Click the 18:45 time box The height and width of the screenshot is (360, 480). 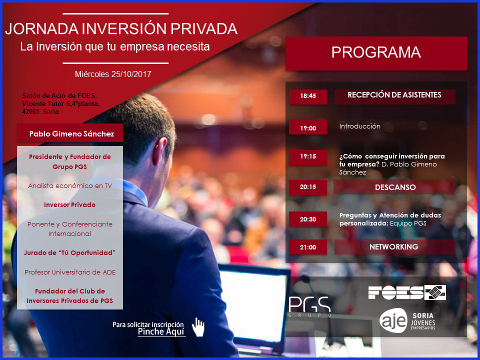tap(308, 96)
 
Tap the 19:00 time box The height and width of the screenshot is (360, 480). tap(308, 127)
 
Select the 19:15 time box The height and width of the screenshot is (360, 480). tap(308, 157)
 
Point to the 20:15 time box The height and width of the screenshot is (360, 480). tap(308, 187)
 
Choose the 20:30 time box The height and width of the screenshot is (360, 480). tap(308, 219)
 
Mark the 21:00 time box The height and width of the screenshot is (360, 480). tap(308, 247)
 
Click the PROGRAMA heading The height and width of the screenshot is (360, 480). tap(376, 52)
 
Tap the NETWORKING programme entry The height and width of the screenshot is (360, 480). tap(394, 246)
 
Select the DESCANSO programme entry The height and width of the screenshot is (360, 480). tap(394, 187)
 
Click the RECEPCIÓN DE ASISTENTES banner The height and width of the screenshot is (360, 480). tap(394, 96)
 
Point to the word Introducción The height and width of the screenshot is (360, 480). tap(359, 126)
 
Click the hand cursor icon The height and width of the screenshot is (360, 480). tap(198, 327)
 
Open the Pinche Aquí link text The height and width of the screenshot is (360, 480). tap(161, 331)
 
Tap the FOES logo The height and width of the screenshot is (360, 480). tap(407, 292)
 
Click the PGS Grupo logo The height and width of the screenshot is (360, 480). tap(309, 306)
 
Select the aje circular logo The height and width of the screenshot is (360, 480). tap(393, 320)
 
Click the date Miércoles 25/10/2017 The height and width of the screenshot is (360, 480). tap(113, 74)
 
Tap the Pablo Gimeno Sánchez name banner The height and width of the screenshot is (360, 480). tap(70, 133)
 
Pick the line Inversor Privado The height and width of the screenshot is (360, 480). tap(70, 205)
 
